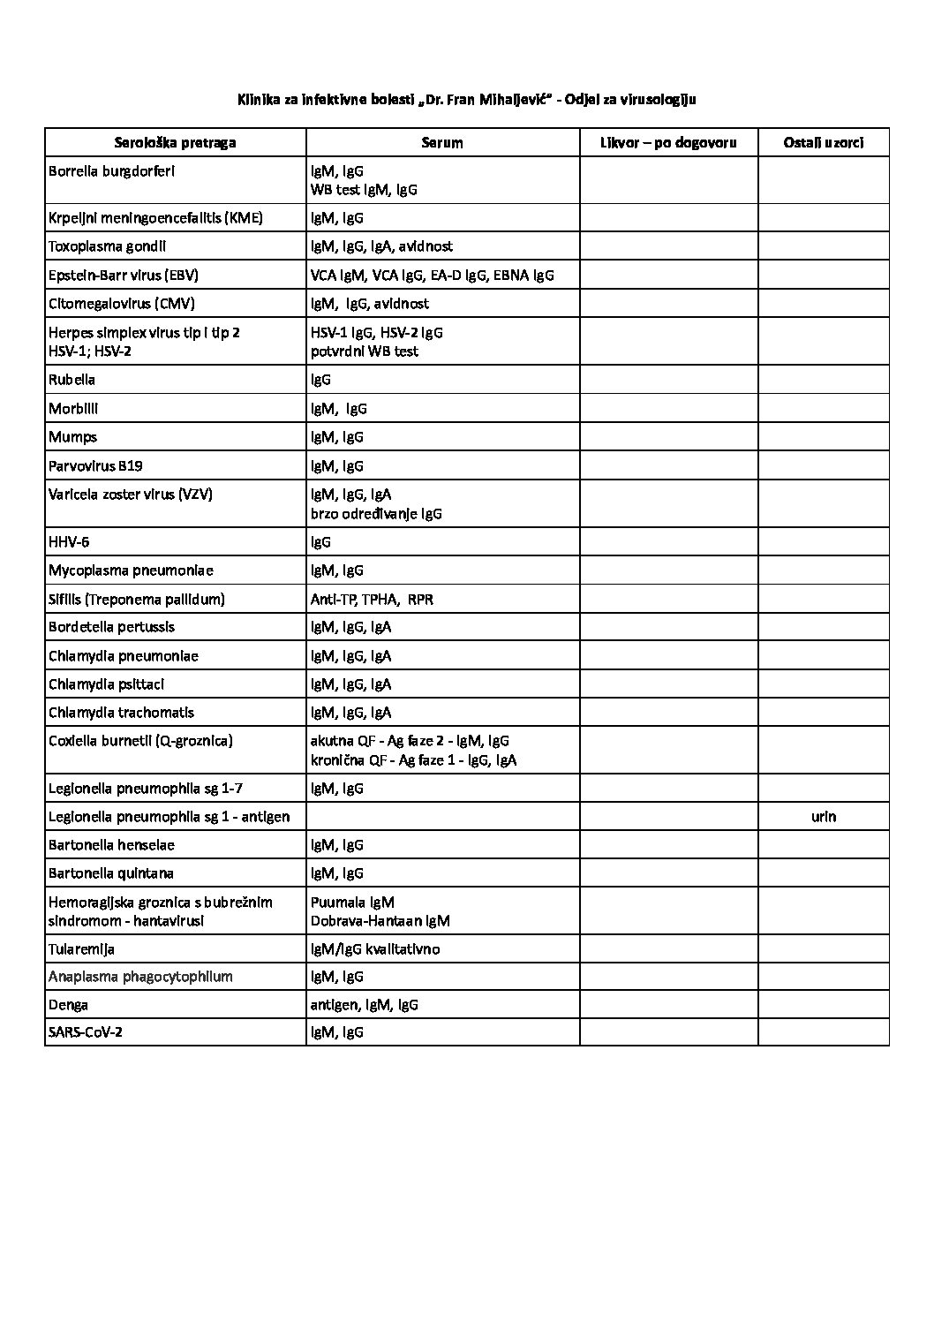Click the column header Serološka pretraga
[x=175, y=142]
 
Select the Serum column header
[x=441, y=142]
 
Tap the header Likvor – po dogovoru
[x=667, y=142]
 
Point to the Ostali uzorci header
[x=823, y=142]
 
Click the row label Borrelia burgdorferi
[x=111, y=171]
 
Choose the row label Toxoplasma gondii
[x=107, y=246]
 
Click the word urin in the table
[x=823, y=817]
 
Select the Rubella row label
[x=72, y=380]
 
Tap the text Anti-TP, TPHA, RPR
[x=372, y=600]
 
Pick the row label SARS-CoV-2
[x=85, y=1032]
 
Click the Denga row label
[x=69, y=1005]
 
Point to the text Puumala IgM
[x=352, y=903]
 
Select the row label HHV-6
[x=69, y=542]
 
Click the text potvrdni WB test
[x=364, y=351]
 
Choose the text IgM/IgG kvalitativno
[x=375, y=949]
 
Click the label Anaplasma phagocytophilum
[x=140, y=977]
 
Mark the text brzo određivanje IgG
[x=376, y=514]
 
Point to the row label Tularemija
[x=81, y=949]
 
